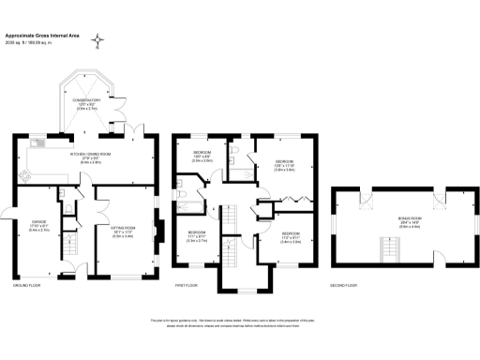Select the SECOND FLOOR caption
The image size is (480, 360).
click(344, 284)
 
